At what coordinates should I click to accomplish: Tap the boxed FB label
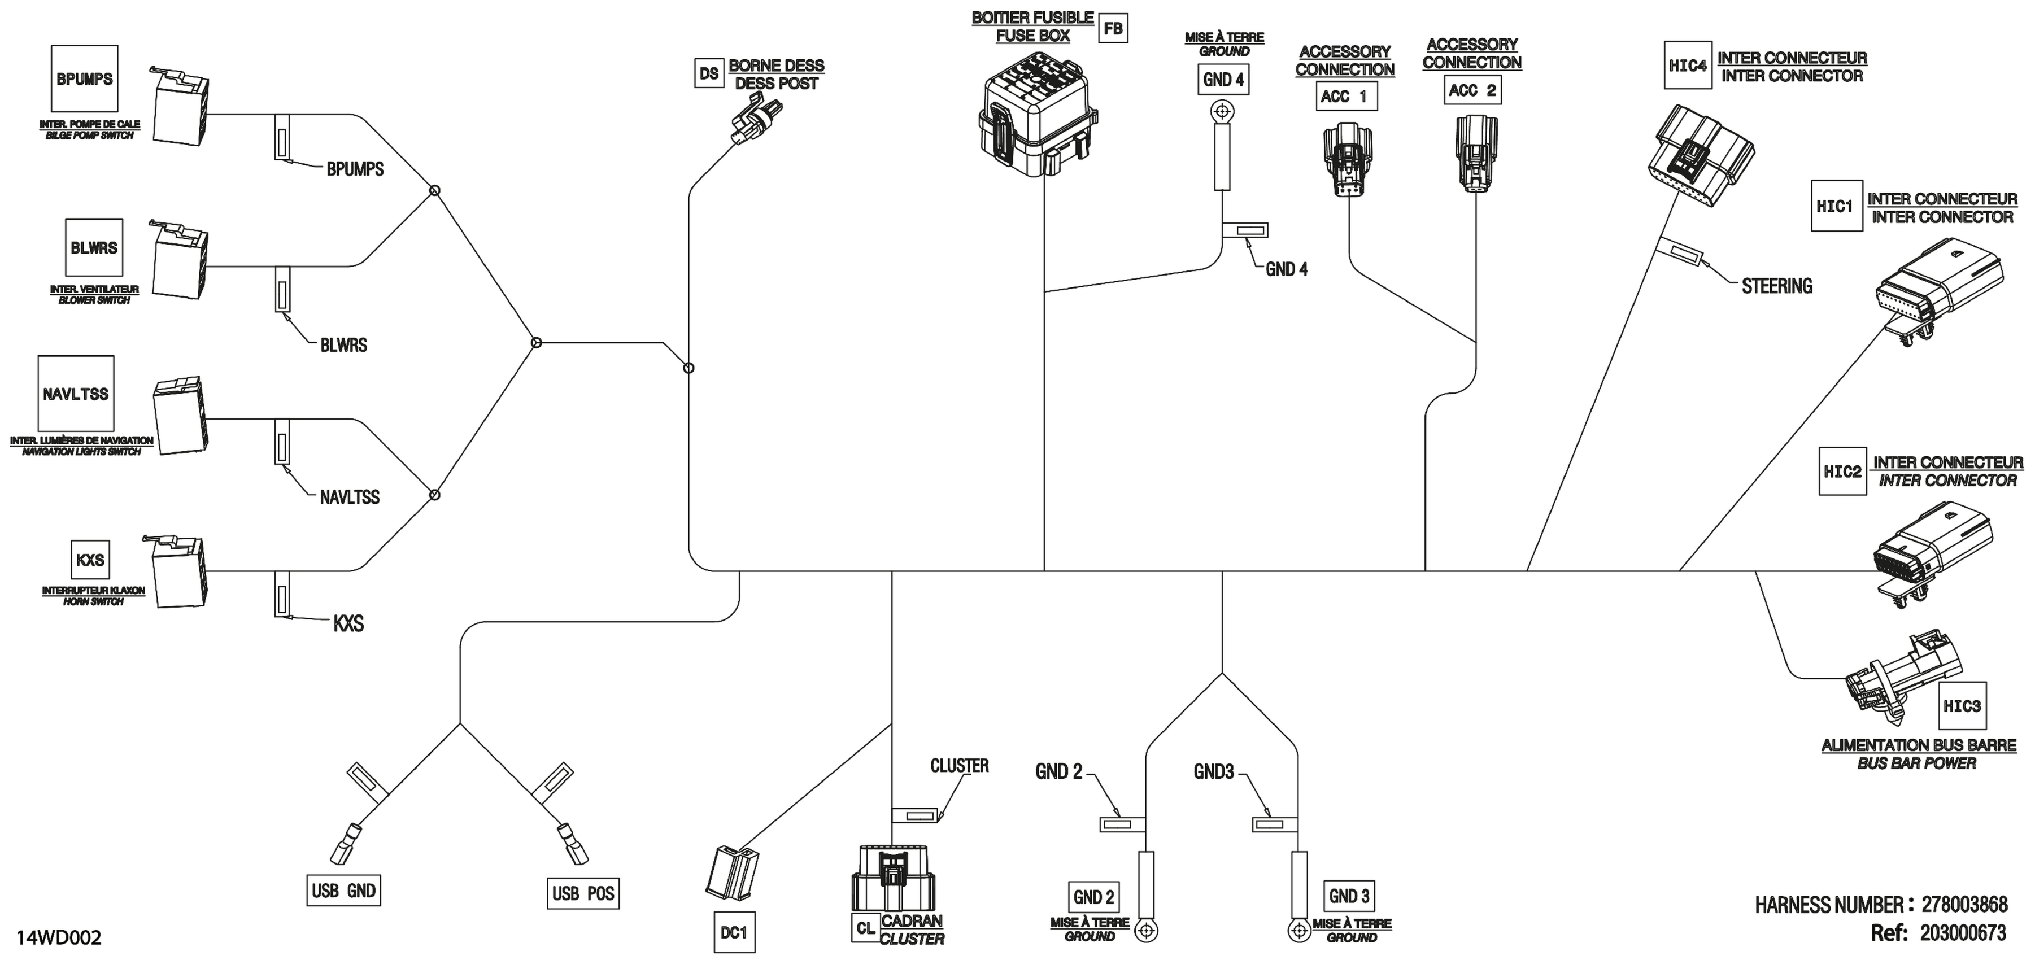[x=1113, y=28]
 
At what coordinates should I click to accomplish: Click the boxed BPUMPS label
[x=85, y=78]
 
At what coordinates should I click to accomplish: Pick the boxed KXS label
[x=90, y=560]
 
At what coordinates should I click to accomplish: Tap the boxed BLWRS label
[x=94, y=247]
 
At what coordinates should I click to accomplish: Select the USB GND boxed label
[x=343, y=891]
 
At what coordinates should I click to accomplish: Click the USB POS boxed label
[x=583, y=893]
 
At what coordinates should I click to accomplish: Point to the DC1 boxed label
[x=734, y=932]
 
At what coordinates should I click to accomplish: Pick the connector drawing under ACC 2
[x=1476, y=152]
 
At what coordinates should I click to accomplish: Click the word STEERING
[x=1777, y=286]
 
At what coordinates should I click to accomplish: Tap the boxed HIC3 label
[x=1962, y=705]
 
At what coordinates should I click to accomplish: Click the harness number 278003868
[x=1964, y=904]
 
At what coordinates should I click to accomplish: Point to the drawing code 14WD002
[x=59, y=938]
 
